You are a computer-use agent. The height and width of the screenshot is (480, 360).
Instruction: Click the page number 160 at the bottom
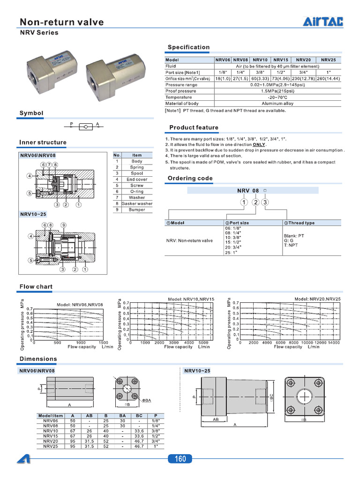[180, 459]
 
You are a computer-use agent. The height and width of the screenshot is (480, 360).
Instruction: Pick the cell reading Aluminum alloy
[277, 103]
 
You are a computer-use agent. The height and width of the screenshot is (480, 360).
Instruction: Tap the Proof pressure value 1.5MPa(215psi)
[277, 91]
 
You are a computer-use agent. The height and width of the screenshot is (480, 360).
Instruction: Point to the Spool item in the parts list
[137, 173]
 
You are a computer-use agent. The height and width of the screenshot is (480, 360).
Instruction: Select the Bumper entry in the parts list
[137, 210]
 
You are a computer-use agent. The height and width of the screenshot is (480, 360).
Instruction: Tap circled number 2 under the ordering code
[255, 202]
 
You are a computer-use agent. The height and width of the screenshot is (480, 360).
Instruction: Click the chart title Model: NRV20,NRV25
[317, 299]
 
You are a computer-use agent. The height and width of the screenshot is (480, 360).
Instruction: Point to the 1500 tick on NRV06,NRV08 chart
[103, 343]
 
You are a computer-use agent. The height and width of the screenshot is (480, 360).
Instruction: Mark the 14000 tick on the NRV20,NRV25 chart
[333, 343]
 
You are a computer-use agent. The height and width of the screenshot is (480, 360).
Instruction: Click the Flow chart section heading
[36, 286]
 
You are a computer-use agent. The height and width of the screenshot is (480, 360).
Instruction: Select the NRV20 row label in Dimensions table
[51, 441]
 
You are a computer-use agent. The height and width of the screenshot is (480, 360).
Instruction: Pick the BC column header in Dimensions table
[139, 415]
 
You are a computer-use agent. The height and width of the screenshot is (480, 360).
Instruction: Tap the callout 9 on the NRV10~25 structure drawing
[63, 225]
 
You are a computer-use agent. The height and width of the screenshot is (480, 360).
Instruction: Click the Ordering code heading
[190, 178]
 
